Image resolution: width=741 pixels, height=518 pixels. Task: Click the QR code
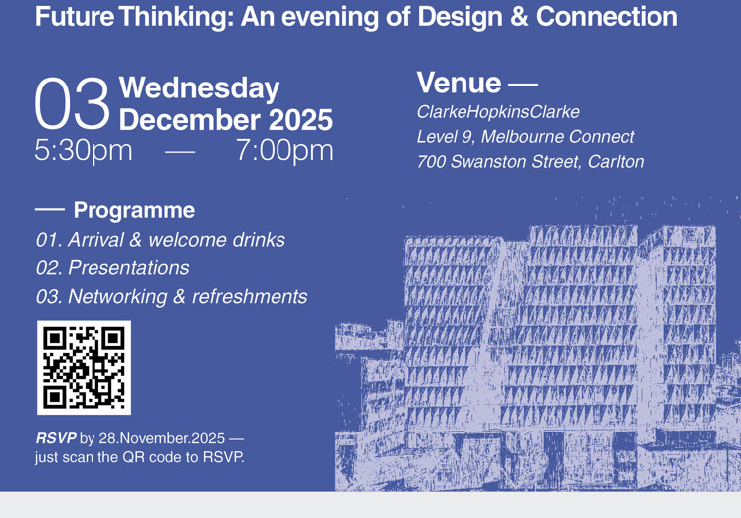(x=84, y=367)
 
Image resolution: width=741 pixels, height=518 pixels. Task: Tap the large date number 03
(x=71, y=104)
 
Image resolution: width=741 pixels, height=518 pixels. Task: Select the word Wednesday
(x=198, y=88)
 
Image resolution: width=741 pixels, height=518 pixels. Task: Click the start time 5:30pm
(x=83, y=151)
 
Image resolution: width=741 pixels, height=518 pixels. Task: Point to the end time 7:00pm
(x=284, y=151)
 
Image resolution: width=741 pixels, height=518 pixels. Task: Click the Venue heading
(x=460, y=82)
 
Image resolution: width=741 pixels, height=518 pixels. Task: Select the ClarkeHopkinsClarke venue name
(x=497, y=112)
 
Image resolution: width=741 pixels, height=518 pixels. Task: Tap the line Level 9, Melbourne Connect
(x=524, y=137)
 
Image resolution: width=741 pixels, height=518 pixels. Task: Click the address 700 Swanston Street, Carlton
(x=529, y=161)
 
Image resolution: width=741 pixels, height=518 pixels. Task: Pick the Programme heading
(x=134, y=210)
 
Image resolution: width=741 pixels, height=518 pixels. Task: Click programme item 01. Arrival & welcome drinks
(x=160, y=240)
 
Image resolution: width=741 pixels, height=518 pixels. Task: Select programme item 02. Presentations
(x=111, y=268)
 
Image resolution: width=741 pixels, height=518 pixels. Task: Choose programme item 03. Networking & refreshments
(x=171, y=297)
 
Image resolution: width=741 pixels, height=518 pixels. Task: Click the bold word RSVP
(x=56, y=438)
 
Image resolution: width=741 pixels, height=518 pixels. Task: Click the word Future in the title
(x=75, y=17)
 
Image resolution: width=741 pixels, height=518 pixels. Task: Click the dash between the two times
(x=180, y=152)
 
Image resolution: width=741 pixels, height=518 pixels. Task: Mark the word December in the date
(x=183, y=120)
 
